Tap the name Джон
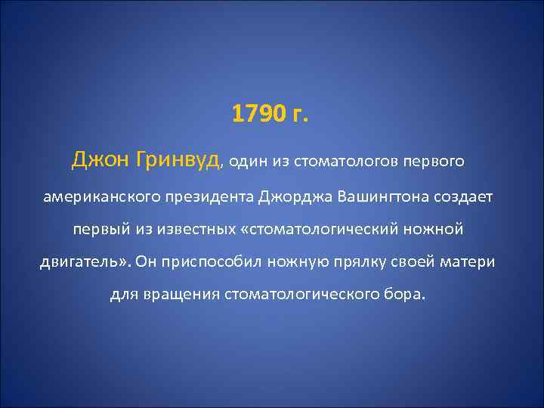[x=95, y=160]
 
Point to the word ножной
[x=436, y=228]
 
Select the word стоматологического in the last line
[x=308, y=293]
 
